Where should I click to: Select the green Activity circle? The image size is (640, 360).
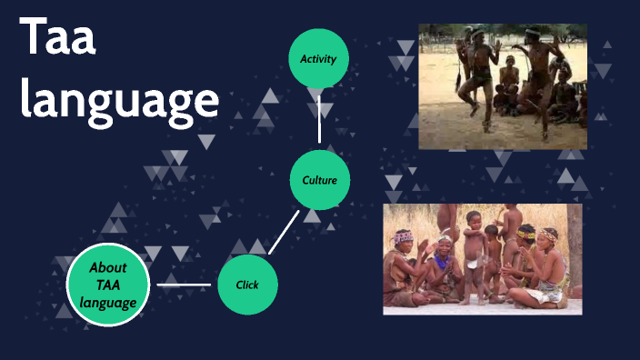318,59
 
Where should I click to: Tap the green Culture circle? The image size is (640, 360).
319,180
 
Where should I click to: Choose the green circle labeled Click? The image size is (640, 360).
247,285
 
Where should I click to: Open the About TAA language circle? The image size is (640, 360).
107,285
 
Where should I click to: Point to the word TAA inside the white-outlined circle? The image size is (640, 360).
107,285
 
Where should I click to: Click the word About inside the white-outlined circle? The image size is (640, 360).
107,267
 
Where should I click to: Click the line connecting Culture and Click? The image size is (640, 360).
284,232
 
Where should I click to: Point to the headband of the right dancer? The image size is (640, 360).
532,33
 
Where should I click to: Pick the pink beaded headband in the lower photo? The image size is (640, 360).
404,236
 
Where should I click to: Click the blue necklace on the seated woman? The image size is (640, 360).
443,263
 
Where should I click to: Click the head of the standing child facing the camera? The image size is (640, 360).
473,219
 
